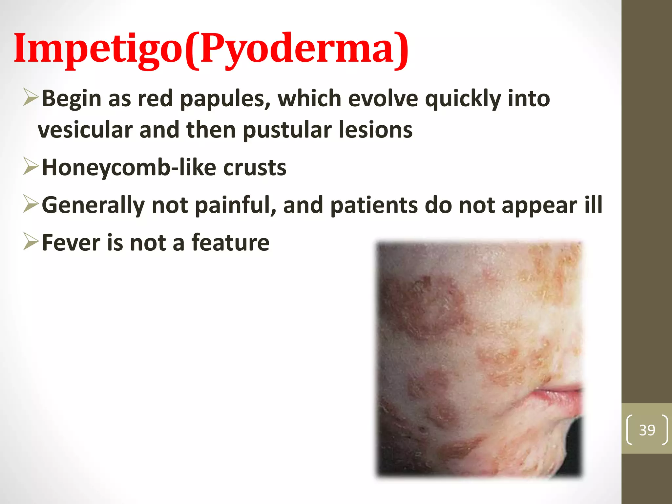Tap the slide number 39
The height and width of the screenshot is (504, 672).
coord(647,430)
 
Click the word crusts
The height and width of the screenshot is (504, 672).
coord(255,168)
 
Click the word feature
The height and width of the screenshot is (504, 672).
coord(230,243)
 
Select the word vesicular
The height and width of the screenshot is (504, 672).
coord(85,130)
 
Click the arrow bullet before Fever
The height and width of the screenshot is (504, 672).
coord(31,242)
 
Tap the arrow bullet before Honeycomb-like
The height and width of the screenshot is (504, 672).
coord(31,166)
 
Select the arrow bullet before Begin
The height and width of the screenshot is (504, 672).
coord(31,97)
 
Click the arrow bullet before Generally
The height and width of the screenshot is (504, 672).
coord(31,204)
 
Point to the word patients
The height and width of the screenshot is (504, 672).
coord(374,205)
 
